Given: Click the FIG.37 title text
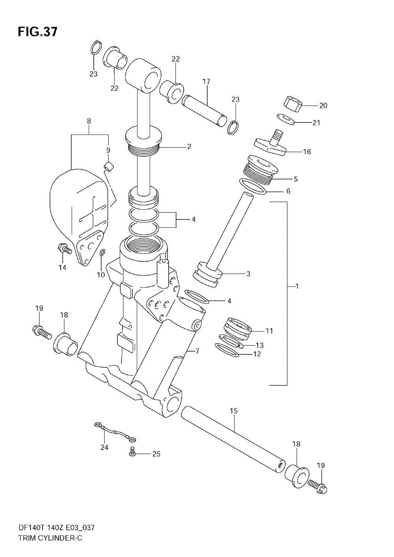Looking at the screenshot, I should [x=37, y=32].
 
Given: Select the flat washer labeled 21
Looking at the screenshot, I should [x=286, y=118].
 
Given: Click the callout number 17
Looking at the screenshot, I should [x=206, y=81].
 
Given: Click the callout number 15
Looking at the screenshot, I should [x=234, y=411].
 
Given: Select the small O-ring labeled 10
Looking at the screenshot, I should [x=102, y=253].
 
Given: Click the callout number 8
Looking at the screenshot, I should [x=89, y=121].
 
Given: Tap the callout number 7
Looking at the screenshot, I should [x=197, y=350].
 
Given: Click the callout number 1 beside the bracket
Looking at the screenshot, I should [x=297, y=287].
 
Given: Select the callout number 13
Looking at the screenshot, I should [x=259, y=345].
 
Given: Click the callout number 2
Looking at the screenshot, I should [x=189, y=146].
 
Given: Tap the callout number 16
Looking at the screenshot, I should [x=307, y=151].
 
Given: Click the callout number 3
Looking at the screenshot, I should [x=248, y=274].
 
